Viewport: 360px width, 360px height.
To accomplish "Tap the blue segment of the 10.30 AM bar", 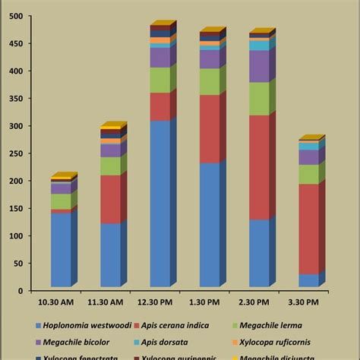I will click(x=61, y=251).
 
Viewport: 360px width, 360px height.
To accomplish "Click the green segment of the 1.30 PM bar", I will click(x=210, y=81).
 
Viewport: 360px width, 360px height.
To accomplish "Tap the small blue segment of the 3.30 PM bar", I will click(x=308, y=280).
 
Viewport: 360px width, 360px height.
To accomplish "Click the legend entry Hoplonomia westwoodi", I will click(x=84, y=324).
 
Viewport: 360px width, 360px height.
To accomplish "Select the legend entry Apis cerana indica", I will click(x=182, y=324).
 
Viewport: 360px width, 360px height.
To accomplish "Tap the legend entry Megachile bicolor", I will click(x=76, y=341).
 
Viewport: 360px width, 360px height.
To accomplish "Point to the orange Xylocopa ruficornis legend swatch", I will click(x=233, y=341).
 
